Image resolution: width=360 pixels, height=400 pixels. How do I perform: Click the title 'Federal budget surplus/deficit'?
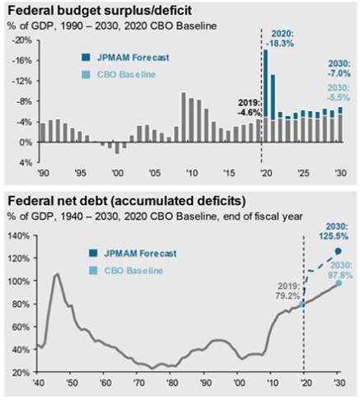(x=100, y=11)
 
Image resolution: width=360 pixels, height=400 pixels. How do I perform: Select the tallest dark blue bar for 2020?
(x=265, y=83)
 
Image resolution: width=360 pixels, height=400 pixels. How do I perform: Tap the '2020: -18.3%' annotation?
(x=280, y=39)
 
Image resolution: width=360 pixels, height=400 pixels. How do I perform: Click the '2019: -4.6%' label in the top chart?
(x=249, y=108)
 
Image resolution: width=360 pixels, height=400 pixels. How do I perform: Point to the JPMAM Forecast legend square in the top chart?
(x=86, y=58)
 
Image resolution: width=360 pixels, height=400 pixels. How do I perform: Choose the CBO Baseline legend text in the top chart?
(x=126, y=75)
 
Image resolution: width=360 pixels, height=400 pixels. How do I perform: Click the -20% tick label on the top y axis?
(x=22, y=40)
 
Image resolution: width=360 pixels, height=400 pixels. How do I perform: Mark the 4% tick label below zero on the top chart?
(x=26, y=163)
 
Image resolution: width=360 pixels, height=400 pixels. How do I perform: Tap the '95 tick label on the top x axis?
(x=80, y=173)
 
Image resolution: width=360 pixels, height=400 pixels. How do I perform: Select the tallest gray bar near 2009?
(x=184, y=118)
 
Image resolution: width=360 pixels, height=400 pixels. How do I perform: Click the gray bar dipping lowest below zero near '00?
(x=117, y=148)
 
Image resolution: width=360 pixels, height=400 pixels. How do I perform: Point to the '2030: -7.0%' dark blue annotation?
(x=339, y=69)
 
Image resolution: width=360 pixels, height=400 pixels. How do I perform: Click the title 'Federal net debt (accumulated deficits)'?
(x=127, y=201)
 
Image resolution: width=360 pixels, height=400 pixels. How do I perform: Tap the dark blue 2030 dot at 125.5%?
(x=339, y=251)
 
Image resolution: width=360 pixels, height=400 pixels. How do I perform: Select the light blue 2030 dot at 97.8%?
(x=339, y=283)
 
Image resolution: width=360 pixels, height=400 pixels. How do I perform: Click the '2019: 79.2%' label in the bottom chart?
(x=288, y=291)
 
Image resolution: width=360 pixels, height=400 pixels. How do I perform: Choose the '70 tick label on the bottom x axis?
(x=138, y=382)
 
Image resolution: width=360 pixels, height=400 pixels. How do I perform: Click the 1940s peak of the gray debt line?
(x=57, y=274)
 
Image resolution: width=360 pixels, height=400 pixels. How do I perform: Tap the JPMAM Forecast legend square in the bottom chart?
(x=93, y=253)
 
